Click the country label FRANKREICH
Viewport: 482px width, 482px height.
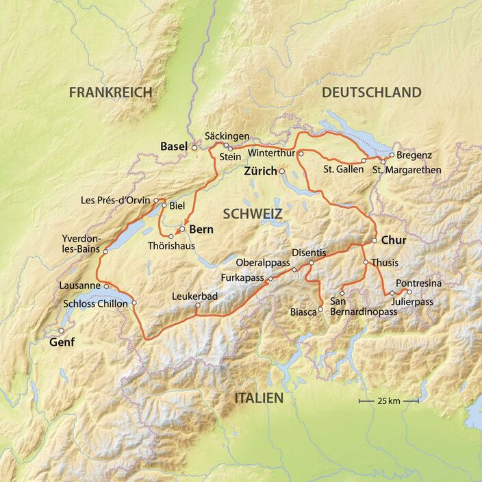[110, 92]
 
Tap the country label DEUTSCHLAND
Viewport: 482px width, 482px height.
[371, 92]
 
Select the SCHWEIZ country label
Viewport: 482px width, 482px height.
[252, 214]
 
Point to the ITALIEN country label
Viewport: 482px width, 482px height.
[259, 398]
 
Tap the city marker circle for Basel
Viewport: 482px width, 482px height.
[194, 147]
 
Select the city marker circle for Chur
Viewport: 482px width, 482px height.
[375, 241]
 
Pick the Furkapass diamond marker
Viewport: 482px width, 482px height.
[270, 279]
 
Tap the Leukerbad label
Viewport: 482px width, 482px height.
[196, 297]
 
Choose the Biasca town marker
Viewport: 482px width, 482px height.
[320, 309]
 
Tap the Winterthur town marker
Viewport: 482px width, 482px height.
[301, 154]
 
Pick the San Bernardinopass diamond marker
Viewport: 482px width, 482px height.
[342, 293]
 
